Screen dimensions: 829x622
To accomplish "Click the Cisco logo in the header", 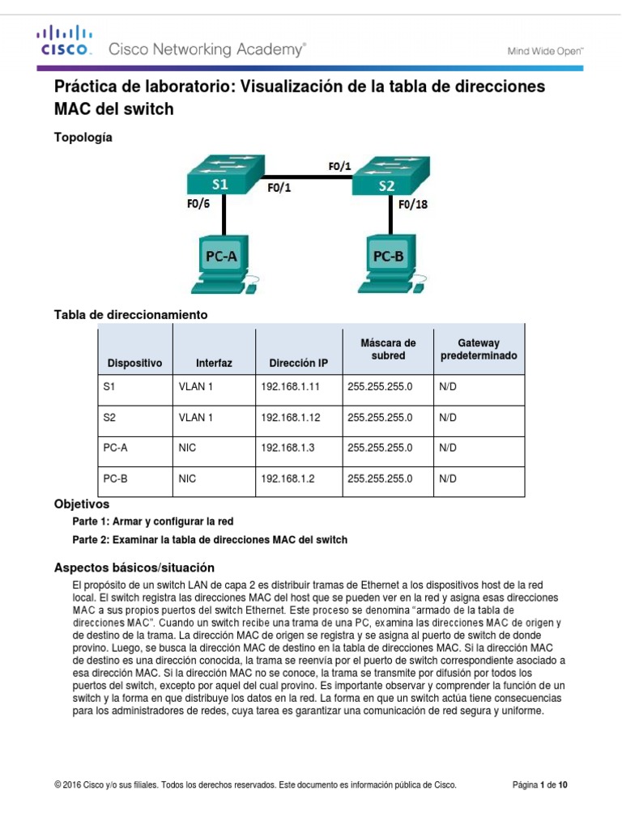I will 65,40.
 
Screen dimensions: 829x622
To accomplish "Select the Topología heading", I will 83,138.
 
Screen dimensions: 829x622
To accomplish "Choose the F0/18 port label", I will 413,205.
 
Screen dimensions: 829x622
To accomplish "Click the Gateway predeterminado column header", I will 479,349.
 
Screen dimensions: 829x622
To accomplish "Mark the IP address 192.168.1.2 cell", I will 288,478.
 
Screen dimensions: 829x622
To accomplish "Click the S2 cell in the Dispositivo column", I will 110,417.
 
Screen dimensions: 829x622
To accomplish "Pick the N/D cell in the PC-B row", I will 448,478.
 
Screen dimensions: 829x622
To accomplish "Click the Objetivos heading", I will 81,504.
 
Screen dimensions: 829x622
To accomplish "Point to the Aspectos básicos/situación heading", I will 134,567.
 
